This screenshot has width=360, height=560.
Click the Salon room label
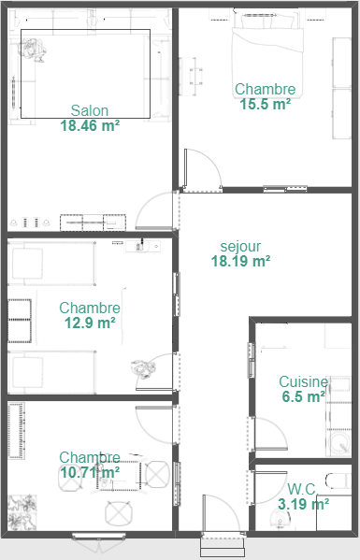pos(90,110)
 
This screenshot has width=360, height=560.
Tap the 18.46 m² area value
pos(90,125)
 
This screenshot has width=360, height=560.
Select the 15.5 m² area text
pos(265,105)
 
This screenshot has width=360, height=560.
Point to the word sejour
pos(240,247)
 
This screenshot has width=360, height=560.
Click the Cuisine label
pos(304,381)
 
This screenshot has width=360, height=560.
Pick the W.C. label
pos(302,489)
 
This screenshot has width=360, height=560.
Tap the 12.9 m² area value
pos(90,323)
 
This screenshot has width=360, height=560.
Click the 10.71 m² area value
pos(90,472)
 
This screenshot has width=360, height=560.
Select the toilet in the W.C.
pos(338,481)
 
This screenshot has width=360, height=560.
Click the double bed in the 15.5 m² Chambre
pos(267,53)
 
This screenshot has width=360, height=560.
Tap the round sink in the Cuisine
pos(338,443)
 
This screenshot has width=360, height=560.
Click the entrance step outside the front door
pos(223,547)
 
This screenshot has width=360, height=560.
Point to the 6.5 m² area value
pos(304,396)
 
